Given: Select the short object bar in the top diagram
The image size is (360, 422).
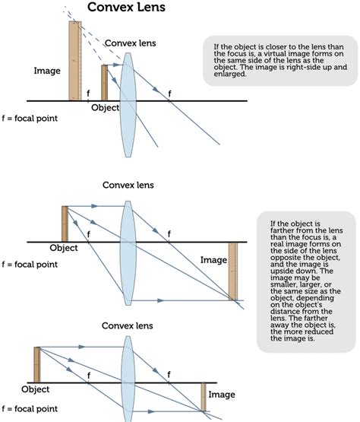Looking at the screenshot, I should pyautogui.click(x=105, y=82).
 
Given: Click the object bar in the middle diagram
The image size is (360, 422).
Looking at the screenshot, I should pyautogui.click(x=65, y=224).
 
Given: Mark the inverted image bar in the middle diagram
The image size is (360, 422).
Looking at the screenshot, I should pyautogui.click(x=233, y=271).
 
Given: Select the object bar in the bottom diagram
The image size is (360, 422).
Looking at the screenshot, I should pyautogui.click(x=36, y=364).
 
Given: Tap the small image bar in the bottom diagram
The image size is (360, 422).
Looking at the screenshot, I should pyautogui.click(x=203, y=397).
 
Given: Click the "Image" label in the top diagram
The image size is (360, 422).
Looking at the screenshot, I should pyautogui.click(x=47, y=71).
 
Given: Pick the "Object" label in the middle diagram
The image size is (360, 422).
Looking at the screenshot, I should pyautogui.click(x=64, y=248).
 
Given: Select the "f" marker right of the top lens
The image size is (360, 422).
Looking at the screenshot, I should pyautogui.click(x=169, y=93).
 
